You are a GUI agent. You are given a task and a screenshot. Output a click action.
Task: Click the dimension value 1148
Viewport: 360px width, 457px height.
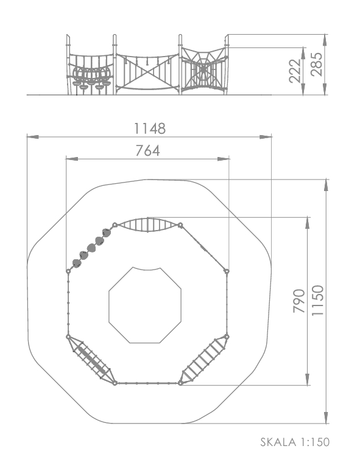click(x=150, y=128)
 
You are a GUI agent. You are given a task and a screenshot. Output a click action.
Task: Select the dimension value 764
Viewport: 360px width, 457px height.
click(x=147, y=151)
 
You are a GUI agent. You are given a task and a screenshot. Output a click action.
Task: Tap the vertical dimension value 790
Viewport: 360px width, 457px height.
click(x=299, y=301)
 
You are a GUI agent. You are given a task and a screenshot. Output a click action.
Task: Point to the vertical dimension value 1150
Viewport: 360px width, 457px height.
click(x=318, y=300)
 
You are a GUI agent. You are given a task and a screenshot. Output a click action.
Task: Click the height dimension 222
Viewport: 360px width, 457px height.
click(x=295, y=71)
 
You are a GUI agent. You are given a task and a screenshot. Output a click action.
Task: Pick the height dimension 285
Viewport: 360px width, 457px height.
click(x=317, y=65)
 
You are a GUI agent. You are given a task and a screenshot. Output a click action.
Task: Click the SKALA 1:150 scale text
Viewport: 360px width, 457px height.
click(x=295, y=442)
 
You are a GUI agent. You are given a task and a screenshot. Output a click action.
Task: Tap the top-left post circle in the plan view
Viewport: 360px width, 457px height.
click(x=115, y=225)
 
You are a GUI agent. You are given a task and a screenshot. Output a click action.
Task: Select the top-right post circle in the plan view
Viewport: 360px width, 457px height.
click(x=180, y=225)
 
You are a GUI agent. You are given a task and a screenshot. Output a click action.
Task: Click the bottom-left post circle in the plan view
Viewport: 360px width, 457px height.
click(x=115, y=383)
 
